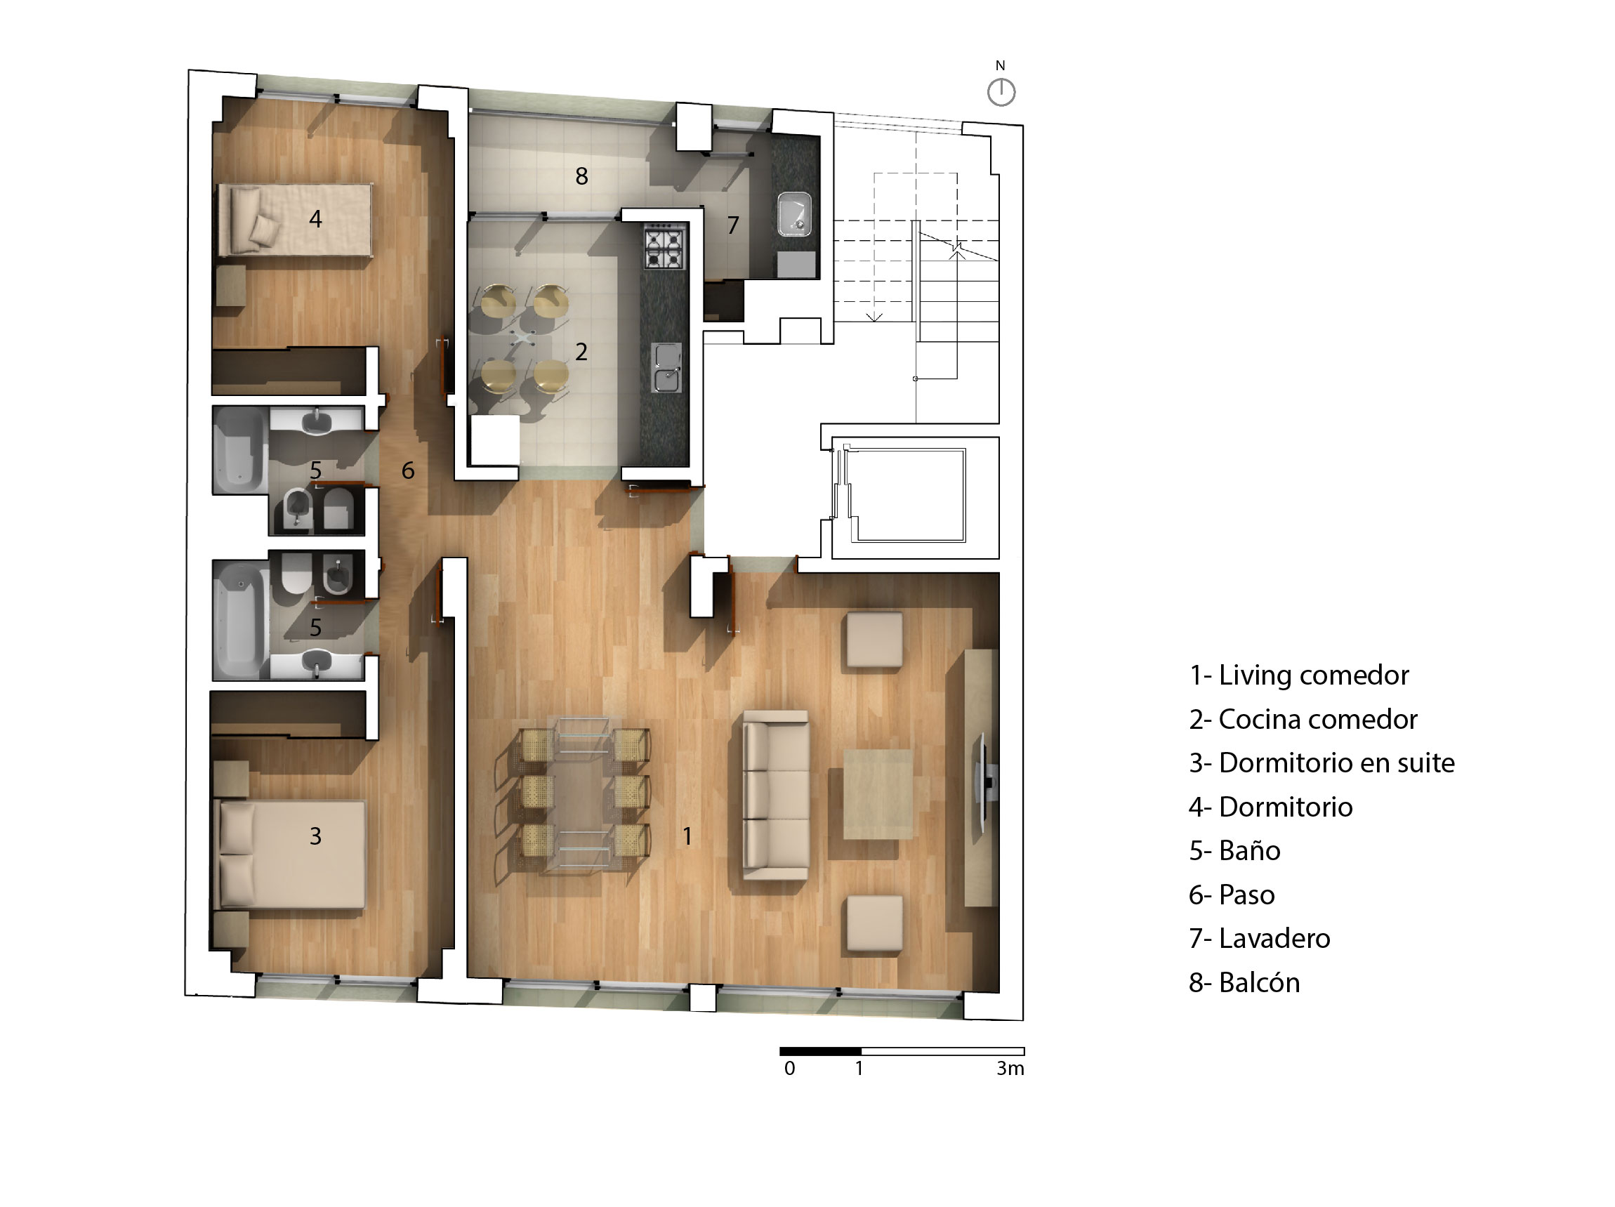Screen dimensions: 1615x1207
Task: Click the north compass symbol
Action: pyautogui.click(x=1001, y=92)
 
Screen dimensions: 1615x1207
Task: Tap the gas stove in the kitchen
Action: pyautogui.click(x=664, y=246)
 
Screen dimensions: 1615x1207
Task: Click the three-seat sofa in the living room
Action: pyautogui.click(x=775, y=794)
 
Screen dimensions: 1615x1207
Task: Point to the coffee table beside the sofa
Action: pyautogui.click(x=878, y=794)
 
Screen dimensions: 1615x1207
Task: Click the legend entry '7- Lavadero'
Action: pyautogui.click(x=1260, y=938)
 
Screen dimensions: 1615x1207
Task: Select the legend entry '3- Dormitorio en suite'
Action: pyautogui.click(x=1321, y=763)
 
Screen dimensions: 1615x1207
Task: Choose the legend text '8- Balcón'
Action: pyautogui.click(x=1244, y=983)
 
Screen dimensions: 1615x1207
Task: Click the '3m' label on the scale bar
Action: pyautogui.click(x=1010, y=1068)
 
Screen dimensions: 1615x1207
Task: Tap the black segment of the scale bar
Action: pyautogui.click(x=821, y=1051)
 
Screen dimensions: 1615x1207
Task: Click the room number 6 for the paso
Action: pyautogui.click(x=408, y=470)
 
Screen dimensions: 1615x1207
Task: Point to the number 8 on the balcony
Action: pyautogui.click(x=581, y=176)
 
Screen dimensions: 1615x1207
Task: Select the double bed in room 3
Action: pyautogui.click(x=289, y=855)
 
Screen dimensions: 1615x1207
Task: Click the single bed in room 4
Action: pyautogui.click(x=296, y=220)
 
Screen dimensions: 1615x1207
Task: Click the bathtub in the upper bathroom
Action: pyautogui.click(x=239, y=449)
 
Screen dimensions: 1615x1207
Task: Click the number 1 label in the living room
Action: pyautogui.click(x=687, y=836)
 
